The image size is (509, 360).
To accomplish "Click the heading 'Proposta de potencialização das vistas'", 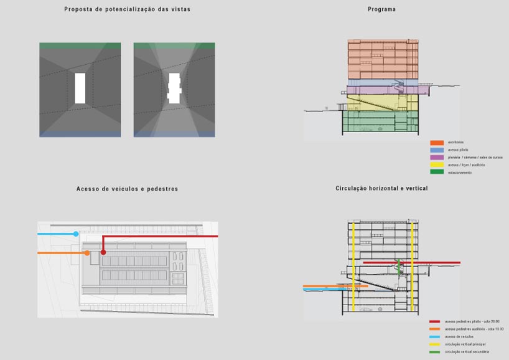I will (127, 9).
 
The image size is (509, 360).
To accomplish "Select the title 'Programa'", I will (381, 9).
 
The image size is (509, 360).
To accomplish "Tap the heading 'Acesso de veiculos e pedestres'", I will (127, 189).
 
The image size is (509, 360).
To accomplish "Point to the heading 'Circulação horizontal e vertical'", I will (381, 188).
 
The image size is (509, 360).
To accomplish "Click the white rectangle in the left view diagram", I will (80, 88).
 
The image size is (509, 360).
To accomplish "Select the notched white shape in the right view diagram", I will (174, 88).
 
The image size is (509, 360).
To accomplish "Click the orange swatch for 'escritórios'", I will (436, 143).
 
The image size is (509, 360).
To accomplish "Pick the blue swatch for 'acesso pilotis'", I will (436, 150).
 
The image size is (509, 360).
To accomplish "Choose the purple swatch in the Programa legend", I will (436, 158).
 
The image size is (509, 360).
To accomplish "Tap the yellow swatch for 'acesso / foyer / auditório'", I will (436, 164).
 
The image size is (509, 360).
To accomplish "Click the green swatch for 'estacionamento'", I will (436, 172).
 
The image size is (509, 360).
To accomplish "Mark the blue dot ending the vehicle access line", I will (76, 234).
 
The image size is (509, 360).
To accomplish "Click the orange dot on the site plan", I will (87, 253).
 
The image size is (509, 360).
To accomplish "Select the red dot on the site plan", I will (103, 252).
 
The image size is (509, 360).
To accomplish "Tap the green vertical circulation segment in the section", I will (399, 268).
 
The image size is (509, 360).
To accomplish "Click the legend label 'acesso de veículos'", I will (459, 336).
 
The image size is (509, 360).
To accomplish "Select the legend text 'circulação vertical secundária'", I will (467, 352).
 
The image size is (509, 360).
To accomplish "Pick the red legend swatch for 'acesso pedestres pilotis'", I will (434, 321).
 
